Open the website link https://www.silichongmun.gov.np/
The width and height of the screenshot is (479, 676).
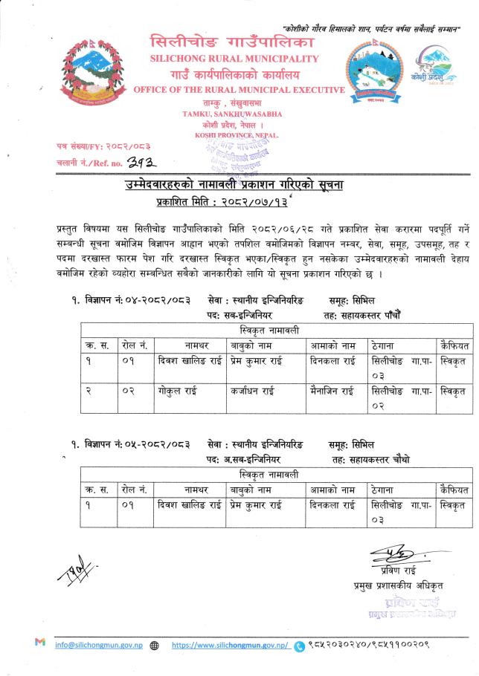230,646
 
